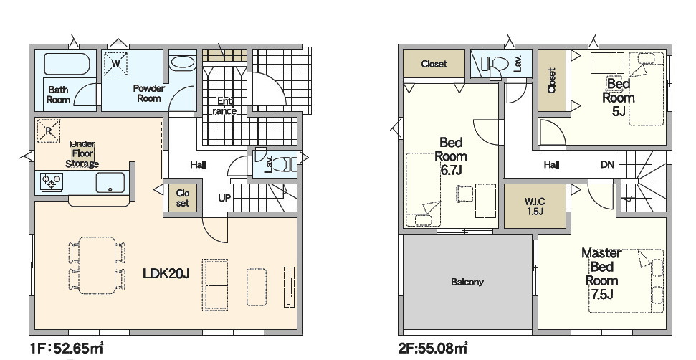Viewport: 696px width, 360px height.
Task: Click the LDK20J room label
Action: [166, 273]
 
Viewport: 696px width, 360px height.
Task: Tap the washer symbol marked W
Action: [116, 64]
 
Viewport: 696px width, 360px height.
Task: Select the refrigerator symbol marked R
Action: [48, 131]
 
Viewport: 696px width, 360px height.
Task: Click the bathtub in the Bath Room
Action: [67, 64]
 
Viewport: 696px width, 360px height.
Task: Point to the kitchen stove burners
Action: [51, 181]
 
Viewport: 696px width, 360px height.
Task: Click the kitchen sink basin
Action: [110, 182]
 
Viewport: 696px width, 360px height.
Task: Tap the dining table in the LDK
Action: [97, 265]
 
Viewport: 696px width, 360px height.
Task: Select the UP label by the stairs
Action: [225, 198]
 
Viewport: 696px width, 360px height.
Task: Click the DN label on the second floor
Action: [608, 165]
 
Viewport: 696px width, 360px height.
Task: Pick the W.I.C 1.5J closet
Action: [535, 207]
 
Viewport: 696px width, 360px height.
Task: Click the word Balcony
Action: [467, 282]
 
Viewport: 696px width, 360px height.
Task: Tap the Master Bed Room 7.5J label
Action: [602, 273]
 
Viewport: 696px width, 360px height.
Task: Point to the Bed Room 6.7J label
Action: [451, 156]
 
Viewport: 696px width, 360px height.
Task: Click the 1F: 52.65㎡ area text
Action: [67, 349]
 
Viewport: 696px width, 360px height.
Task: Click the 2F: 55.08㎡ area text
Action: [433, 349]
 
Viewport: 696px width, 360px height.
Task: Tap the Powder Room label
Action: [148, 93]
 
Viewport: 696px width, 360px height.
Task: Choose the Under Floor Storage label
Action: [82, 153]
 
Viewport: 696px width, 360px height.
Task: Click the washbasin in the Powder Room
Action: [183, 62]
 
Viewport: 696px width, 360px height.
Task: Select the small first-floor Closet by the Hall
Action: [183, 198]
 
